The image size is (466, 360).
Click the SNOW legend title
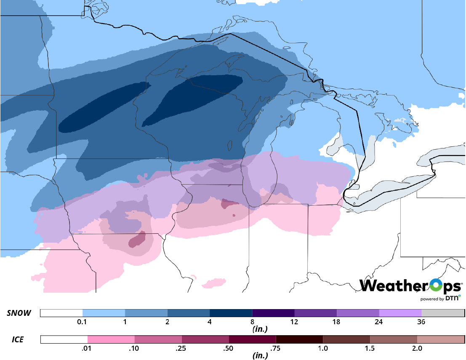[18, 313]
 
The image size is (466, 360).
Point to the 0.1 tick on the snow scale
[83, 322]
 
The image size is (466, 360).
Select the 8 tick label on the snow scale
[252, 322]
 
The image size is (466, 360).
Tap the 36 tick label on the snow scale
[421, 322]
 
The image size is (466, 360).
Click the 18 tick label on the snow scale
[336, 322]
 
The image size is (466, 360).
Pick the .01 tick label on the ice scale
[88, 348]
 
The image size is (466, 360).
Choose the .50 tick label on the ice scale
[229, 348]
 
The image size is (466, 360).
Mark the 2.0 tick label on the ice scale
[417, 348]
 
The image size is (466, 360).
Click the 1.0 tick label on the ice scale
[323, 348]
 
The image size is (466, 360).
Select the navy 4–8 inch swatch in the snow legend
[231, 313]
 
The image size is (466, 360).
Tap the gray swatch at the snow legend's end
[443, 313]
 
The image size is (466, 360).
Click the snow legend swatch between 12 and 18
[315, 313]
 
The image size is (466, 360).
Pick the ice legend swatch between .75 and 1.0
[299, 339]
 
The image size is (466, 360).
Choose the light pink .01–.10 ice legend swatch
[111, 339]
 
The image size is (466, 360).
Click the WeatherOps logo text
[410, 286]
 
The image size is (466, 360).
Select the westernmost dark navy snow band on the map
[103, 108]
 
